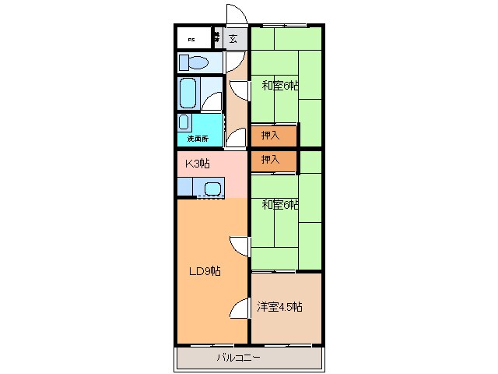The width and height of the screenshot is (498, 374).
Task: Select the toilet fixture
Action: pos(194,62)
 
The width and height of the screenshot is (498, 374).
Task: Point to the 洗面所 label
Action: pos(198,138)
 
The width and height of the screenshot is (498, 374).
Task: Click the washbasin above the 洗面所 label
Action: pos(184,122)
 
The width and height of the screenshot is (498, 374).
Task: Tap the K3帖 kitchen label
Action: pos(198,164)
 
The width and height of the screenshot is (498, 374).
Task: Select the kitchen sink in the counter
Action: pos(212,188)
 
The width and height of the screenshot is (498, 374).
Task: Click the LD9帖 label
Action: pos(206,271)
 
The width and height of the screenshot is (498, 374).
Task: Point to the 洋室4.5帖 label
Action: pos(280,306)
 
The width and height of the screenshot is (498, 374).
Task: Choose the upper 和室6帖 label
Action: pos(280,86)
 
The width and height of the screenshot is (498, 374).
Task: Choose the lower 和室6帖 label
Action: pos(280,204)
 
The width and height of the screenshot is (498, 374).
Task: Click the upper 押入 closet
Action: pos(273,136)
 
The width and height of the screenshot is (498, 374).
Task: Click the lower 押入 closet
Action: pos(273,161)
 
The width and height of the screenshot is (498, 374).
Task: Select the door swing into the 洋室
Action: pos(240,309)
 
